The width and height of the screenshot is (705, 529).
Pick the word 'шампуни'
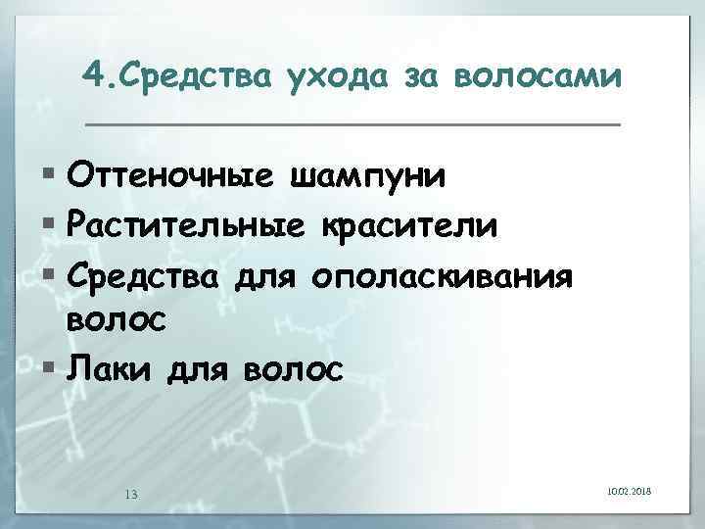(x=370, y=178)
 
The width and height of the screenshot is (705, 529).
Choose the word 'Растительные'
(x=186, y=226)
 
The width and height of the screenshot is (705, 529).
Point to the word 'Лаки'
(x=110, y=370)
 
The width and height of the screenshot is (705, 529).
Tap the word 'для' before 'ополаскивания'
(x=264, y=276)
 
